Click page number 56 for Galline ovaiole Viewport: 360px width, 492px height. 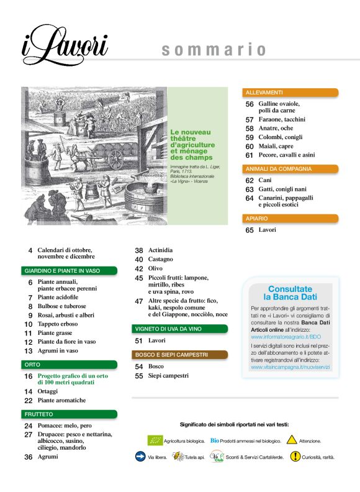250,104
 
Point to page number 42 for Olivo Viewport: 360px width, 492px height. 140,268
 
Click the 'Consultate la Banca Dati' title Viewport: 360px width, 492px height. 290,293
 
